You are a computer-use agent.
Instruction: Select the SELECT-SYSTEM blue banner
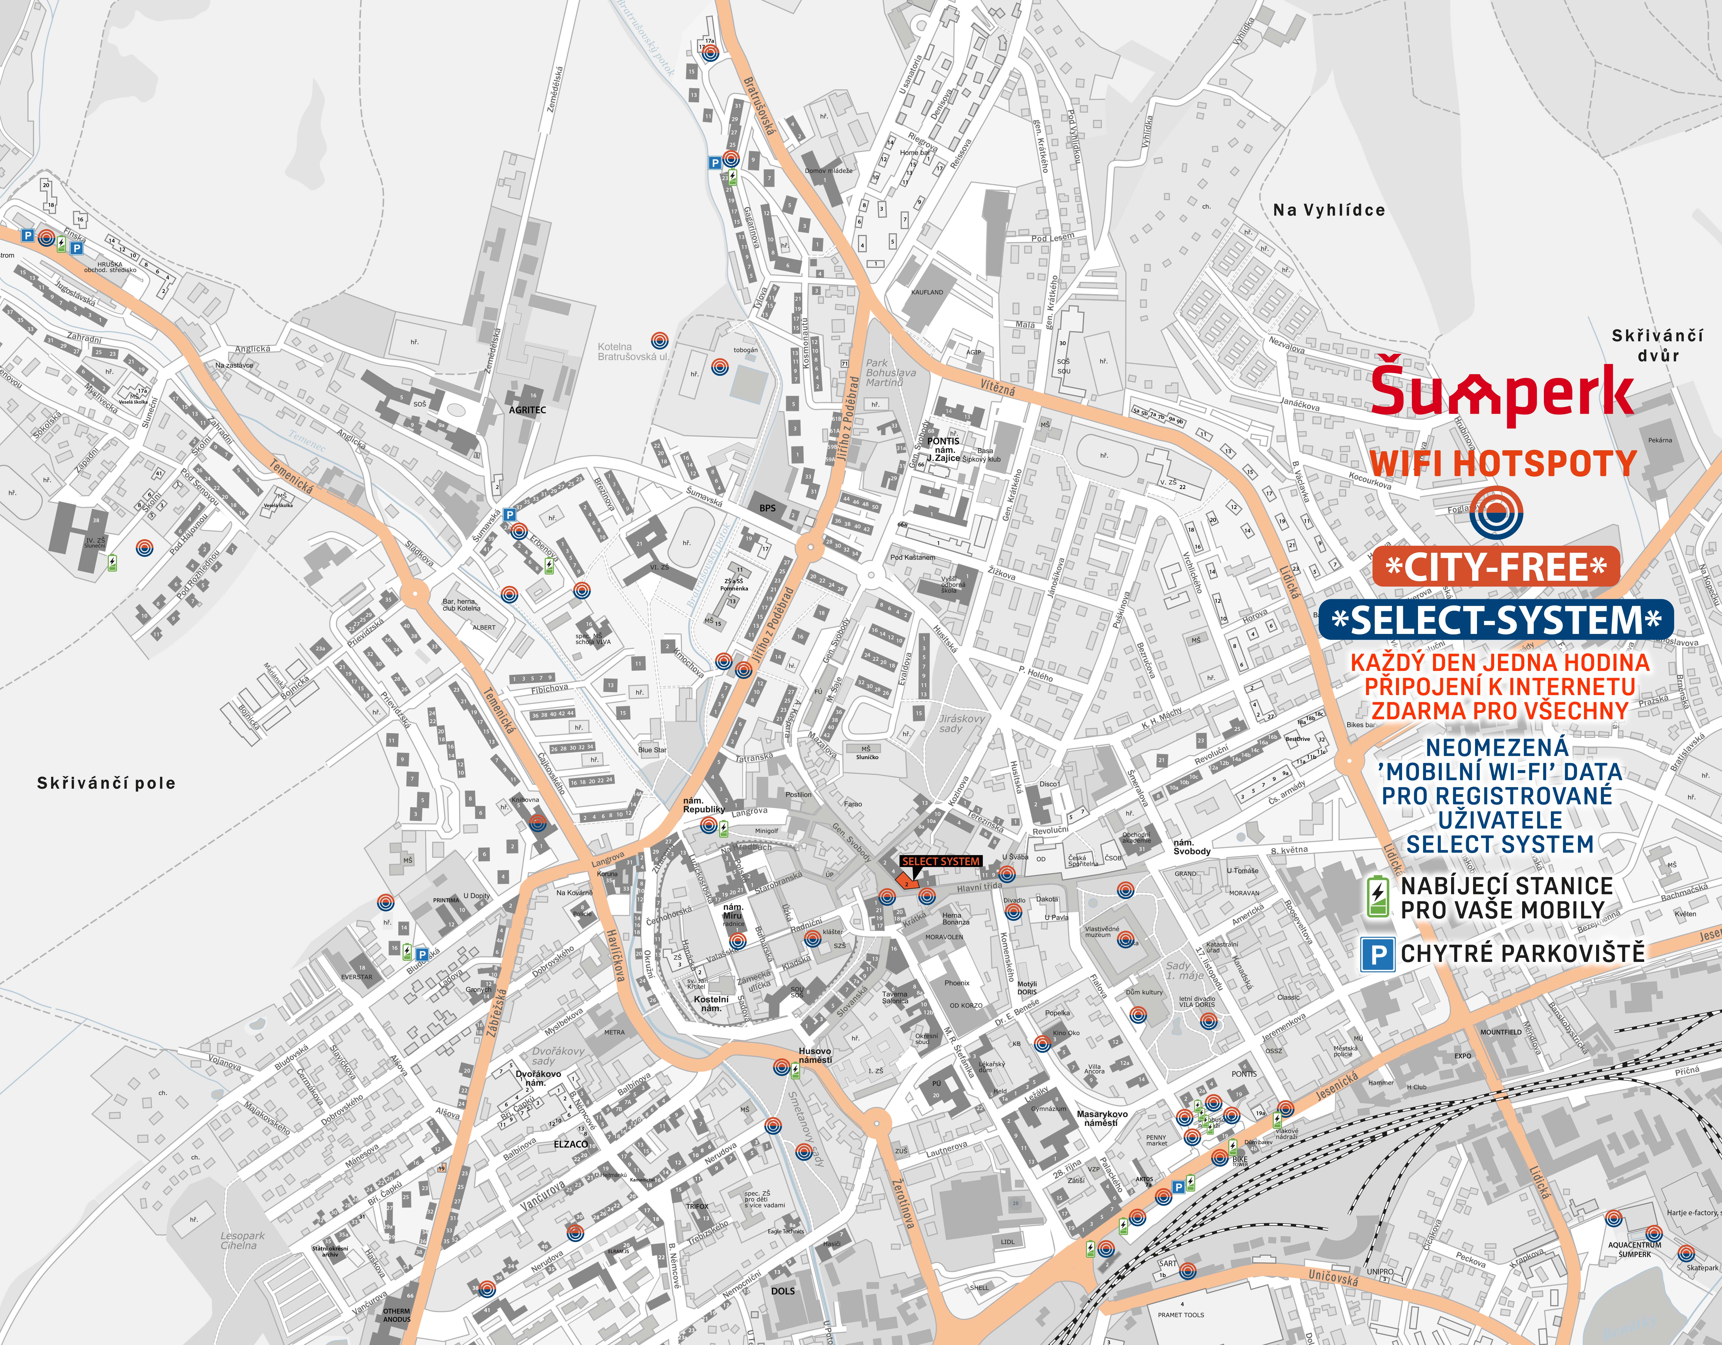[1496, 620]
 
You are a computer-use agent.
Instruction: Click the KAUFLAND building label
[926, 292]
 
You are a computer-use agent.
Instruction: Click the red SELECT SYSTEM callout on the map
[941, 861]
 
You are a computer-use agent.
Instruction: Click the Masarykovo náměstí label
[1101, 1118]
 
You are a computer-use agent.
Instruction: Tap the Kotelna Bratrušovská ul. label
[632, 352]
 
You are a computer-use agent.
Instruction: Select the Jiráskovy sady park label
[961, 723]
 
